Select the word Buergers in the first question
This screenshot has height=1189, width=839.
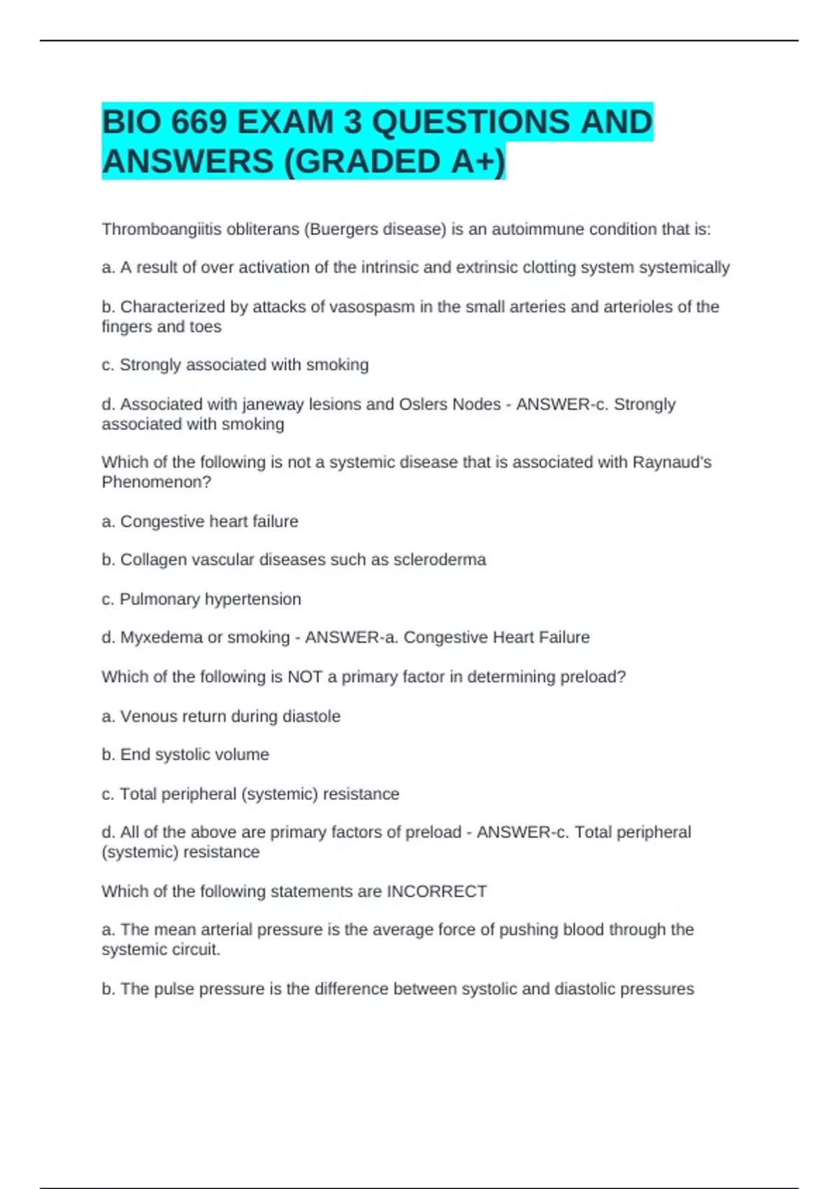pyautogui.click(x=340, y=229)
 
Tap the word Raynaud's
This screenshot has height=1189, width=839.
pyautogui.click(x=672, y=462)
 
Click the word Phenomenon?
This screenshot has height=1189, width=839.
pyautogui.click(x=156, y=482)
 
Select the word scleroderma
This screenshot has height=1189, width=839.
pyautogui.click(x=440, y=560)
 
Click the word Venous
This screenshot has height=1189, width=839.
pyautogui.click(x=145, y=716)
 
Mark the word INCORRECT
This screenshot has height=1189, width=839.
pyautogui.click(x=437, y=892)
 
